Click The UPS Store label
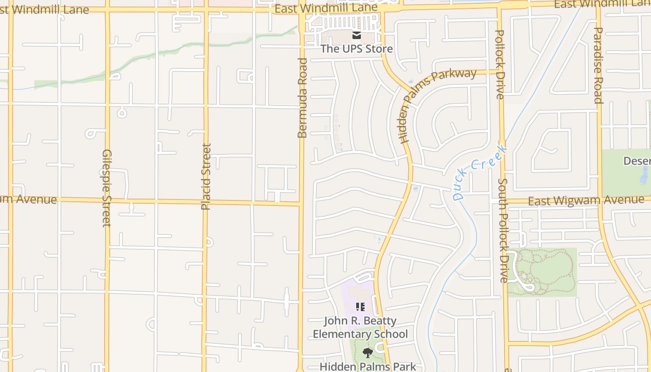[x=357, y=49]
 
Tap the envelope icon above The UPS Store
[x=357, y=35]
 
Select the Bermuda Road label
[x=302, y=98]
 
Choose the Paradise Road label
[x=598, y=65]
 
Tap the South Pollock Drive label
[x=503, y=230]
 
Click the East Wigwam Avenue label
[x=586, y=200]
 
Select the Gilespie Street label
[x=107, y=188]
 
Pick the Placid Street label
[x=206, y=177]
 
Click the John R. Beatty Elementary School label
[x=360, y=327]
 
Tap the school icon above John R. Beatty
[x=360, y=307]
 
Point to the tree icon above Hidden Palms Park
[x=367, y=352]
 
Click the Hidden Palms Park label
[x=367, y=366]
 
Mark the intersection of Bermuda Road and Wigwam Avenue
[x=301, y=203]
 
